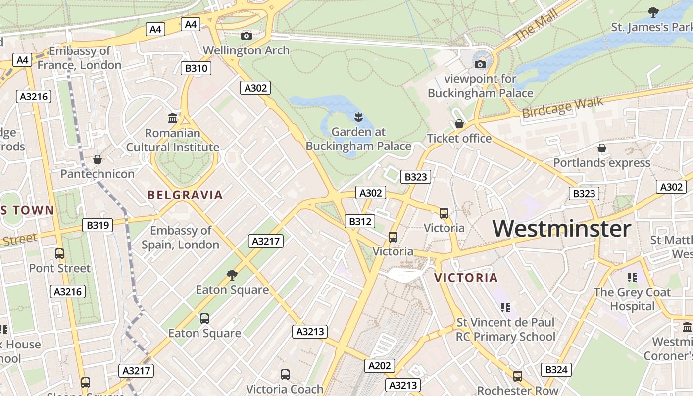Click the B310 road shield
point(196,68)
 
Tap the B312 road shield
point(360,221)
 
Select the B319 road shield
point(97,225)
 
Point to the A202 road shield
point(380,366)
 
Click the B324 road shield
point(556,369)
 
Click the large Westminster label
point(562,229)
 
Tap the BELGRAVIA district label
point(185,195)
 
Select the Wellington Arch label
point(246,50)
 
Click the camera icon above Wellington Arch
point(246,36)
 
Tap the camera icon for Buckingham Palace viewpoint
point(480,64)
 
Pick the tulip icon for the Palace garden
point(358,117)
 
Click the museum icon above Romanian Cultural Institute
point(173,118)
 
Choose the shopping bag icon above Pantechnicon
point(98,159)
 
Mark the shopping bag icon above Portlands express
point(602,148)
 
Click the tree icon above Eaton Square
point(232,275)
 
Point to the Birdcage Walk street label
point(563,107)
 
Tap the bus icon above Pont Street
point(59,254)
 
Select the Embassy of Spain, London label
point(181,238)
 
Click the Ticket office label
point(459,138)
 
